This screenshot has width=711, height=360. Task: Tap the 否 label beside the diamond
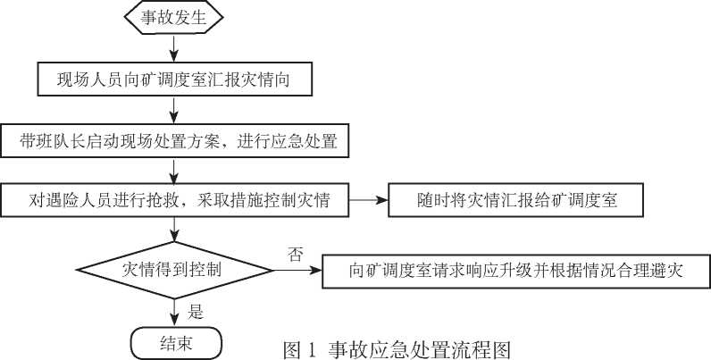[x=295, y=255]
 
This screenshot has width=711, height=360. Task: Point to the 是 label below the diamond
[x=196, y=312]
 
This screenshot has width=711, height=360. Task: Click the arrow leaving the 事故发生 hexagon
[x=173, y=48]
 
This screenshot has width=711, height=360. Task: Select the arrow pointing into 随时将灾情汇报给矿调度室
[x=369, y=200]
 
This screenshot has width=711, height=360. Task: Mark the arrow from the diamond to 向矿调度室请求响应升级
[x=297, y=271]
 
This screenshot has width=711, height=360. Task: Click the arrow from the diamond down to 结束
[x=174, y=314]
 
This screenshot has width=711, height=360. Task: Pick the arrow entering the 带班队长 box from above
[x=173, y=110]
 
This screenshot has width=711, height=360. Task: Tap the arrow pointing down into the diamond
[x=174, y=229]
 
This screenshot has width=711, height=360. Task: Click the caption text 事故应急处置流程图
[x=420, y=350]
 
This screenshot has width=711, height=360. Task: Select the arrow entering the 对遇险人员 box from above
[x=173, y=171]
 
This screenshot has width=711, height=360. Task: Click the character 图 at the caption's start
[x=292, y=350]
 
